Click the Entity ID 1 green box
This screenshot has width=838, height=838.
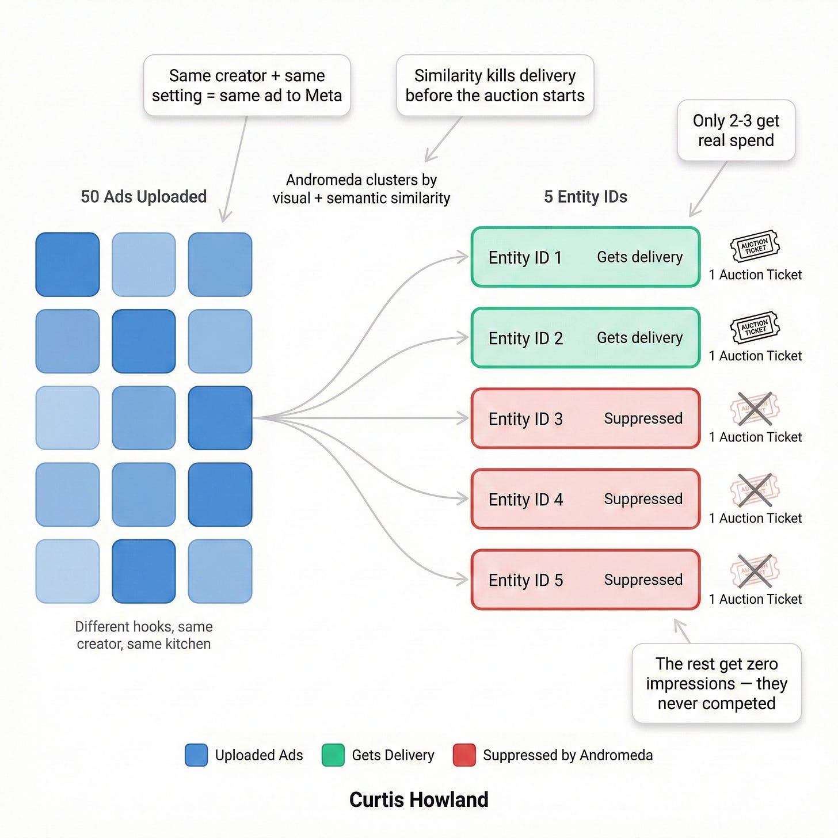(x=585, y=257)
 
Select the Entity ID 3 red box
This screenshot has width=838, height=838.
(x=585, y=418)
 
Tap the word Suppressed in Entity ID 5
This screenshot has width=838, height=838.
(x=643, y=580)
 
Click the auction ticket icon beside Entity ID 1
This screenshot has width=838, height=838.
(x=755, y=246)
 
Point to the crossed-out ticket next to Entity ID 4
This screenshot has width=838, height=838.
(x=755, y=490)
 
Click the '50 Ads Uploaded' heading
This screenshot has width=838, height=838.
(x=143, y=197)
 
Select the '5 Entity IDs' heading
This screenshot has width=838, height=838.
(x=585, y=197)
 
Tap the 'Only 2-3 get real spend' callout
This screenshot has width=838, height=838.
(x=736, y=131)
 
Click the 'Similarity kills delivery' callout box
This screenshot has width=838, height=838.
(x=495, y=85)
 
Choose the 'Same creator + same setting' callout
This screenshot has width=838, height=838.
(x=247, y=85)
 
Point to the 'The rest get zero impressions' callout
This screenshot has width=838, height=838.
(x=716, y=683)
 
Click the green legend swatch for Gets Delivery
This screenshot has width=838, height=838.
(x=333, y=755)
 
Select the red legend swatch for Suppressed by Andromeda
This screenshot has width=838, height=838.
(x=464, y=755)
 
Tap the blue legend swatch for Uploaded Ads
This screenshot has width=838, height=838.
(x=196, y=755)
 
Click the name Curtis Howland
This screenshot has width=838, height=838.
(x=419, y=800)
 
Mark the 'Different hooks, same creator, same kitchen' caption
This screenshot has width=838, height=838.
(x=144, y=635)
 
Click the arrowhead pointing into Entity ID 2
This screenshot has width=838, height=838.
(x=463, y=338)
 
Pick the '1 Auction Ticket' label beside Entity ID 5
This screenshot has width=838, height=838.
(x=755, y=599)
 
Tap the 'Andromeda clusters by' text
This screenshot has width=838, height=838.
(x=361, y=180)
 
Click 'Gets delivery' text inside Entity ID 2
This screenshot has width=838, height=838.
(x=639, y=337)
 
